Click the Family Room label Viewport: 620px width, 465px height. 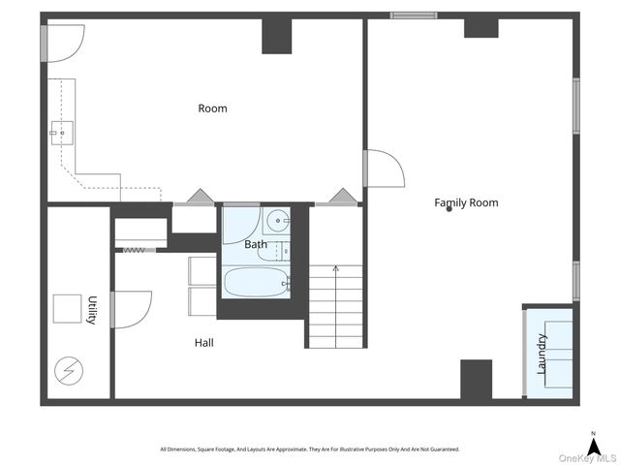(x=466, y=202)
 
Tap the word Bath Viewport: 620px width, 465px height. (x=256, y=244)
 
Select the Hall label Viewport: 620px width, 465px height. (x=204, y=342)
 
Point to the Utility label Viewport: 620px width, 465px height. (x=92, y=310)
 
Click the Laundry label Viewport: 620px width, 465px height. (x=542, y=354)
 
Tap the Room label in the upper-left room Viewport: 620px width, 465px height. (x=213, y=108)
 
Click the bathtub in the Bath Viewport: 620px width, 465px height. (x=257, y=282)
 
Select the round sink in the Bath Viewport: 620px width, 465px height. (x=277, y=220)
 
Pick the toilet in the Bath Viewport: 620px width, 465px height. (x=274, y=252)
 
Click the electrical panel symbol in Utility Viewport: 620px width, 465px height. (x=69, y=371)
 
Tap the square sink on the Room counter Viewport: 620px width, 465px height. (x=61, y=133)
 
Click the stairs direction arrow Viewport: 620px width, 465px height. (x=336, y=306)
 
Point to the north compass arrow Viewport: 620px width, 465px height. (x=594, y=448)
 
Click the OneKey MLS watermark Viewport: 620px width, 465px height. (x=588, y=458)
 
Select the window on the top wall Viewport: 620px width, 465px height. (x=414, y=15)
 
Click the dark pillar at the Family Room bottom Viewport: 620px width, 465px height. (x=477, y=380)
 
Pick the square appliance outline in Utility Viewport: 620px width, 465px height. (x=67, y=309)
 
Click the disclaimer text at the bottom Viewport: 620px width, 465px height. (x=310, y=449)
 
